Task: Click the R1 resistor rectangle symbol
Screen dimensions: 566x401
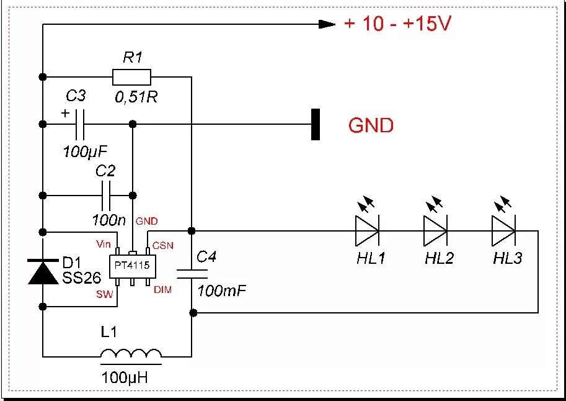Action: (x=131, y=77)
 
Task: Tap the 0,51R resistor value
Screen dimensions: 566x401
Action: (x=136, y=97)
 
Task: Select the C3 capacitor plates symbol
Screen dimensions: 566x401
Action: (x=80, y=124)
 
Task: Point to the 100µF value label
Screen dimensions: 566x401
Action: (x=86, y=151)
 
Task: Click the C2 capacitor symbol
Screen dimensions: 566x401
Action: (x=106, y=196)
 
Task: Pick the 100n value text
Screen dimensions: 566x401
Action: (x=108, y=220)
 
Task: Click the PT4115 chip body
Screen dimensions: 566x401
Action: (x=132, y=266)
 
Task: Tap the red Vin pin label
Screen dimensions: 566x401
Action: (x=104, y=244)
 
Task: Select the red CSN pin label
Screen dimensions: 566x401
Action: (x=163, y=246)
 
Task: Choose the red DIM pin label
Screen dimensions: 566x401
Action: (x=163, y=290)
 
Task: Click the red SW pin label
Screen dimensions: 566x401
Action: (x=104, y=294)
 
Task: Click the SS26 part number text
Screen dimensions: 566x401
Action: (x=81, y=277)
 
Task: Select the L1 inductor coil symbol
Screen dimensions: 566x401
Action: (x=131, y=353)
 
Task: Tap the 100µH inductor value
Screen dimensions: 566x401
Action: (x=125, y=377)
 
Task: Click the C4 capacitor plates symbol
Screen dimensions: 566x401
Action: (x=192, y=274)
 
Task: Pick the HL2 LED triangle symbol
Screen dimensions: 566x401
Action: (x=436, y=231)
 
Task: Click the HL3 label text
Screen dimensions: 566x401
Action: (x=507, y=258)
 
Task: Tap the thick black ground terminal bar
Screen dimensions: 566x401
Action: (x=316, y=124)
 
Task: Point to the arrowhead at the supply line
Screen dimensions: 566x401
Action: (x=327, y=24)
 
